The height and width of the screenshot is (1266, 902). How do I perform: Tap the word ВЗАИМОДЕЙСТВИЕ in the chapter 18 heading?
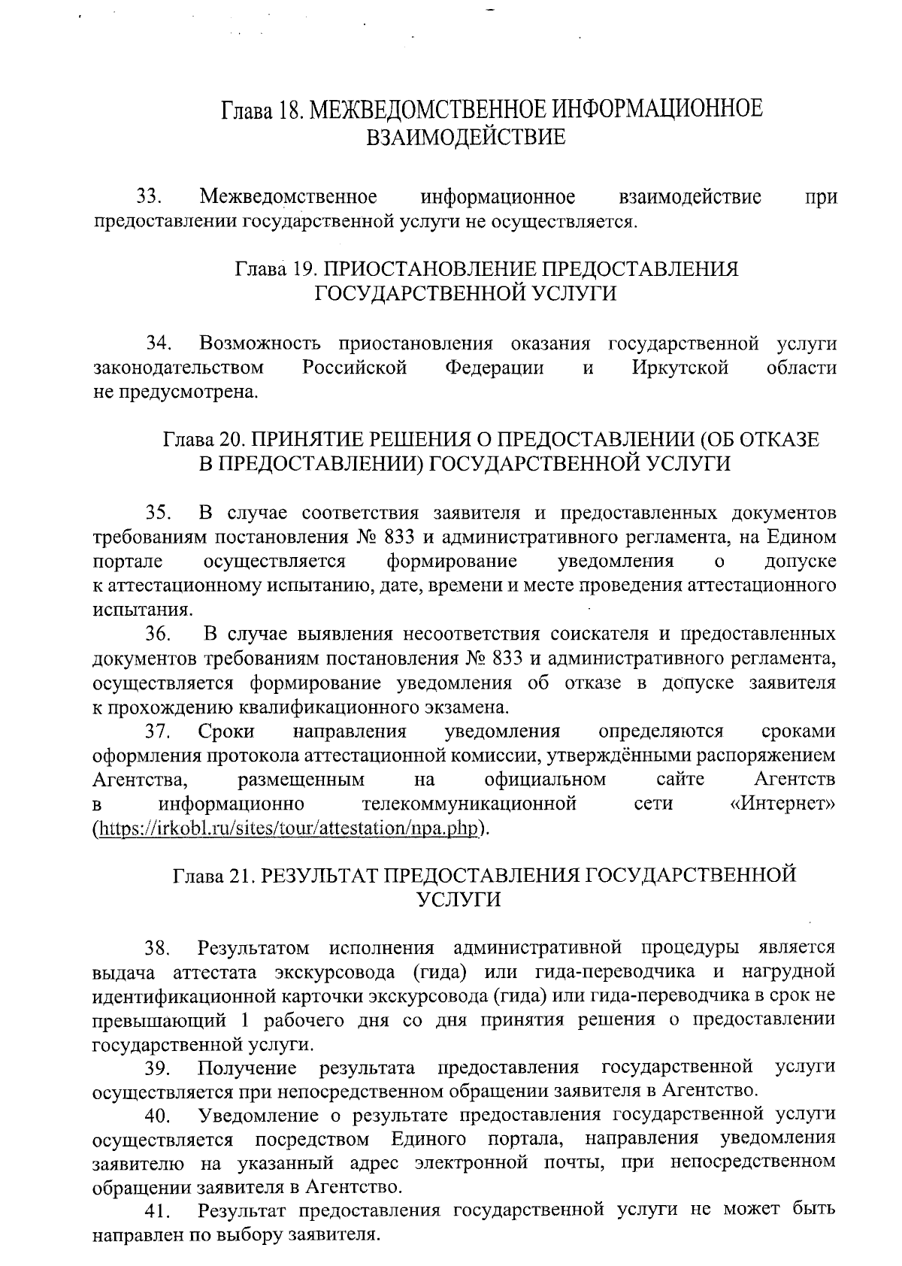[465, 138]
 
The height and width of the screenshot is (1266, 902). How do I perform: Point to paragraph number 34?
[160, 344]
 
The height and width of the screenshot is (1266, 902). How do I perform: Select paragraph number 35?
[160, 513]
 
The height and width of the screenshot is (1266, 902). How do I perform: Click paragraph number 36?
[160, 635]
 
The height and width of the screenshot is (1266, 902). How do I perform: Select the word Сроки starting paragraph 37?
[226, 731]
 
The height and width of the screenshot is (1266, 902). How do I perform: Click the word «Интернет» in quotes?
[782, 804]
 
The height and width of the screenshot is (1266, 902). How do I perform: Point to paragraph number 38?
[159, 947]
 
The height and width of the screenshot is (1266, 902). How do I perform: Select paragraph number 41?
[159, 1213]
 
